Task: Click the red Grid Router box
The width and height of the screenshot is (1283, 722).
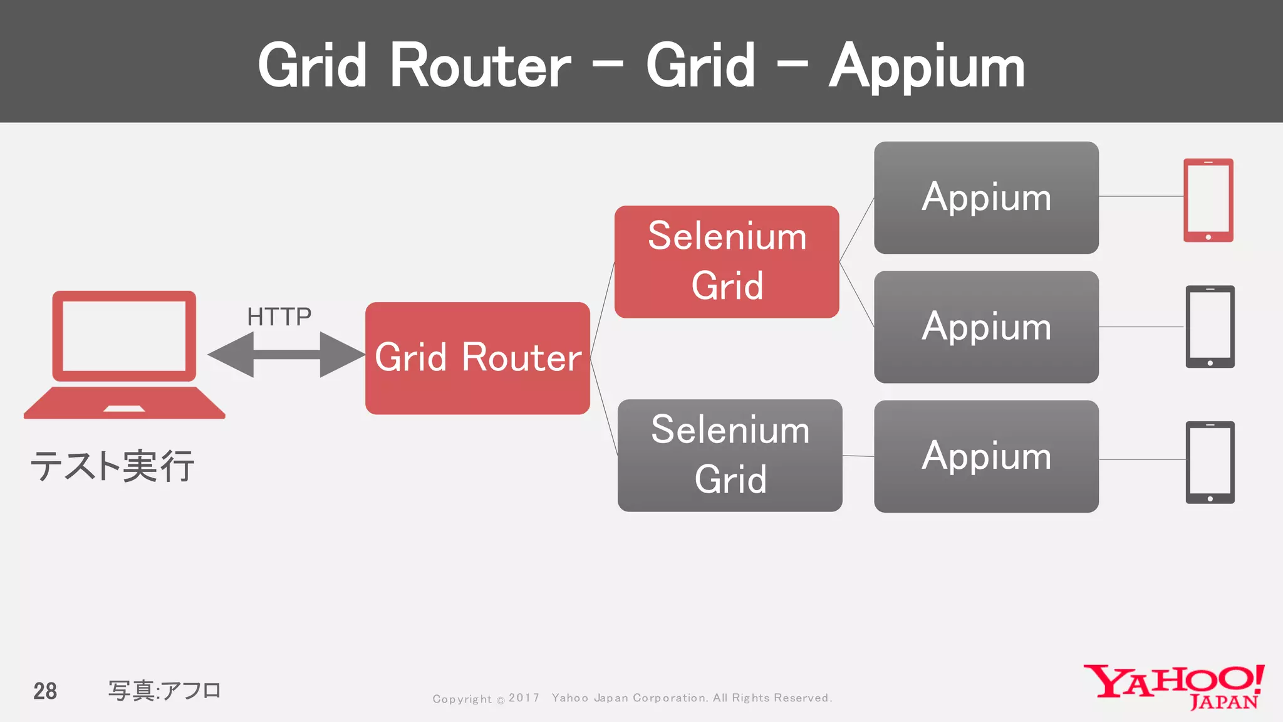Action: pyautogui.click(x=477, y=358)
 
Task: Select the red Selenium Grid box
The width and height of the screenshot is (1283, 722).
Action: pyautogui.click(x=727, y=261)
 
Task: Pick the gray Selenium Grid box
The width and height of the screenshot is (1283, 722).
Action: pyautogui.click(x=730, y=455)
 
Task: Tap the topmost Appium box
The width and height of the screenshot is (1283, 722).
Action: pyautogui.click(x=986, y=197)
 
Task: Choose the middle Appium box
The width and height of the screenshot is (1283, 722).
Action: pyautogui.click(x=986, y=327)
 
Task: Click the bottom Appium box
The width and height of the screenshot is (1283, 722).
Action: pyautogui.click(x=986, y=456)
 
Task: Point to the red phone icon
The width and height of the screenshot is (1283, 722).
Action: pyautogui.click(x=1208, y=199)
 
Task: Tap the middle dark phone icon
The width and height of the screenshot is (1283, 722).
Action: pyautogui.click(x=1210, y=327)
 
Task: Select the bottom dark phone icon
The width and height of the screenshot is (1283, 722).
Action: pyautogui.click(x=1210, y=462)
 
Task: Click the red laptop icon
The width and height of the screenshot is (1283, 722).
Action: pyautogui.click(x=124, y=354)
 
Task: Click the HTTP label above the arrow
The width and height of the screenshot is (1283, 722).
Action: pyautogui.click(x=279, y=317)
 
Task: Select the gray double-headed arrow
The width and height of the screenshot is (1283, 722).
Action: pyautogui.click(x=286, y=355)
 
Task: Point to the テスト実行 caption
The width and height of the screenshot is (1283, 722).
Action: pyautogui.click(x=113, y=467)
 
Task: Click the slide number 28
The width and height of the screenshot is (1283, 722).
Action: pyautogui.click(x=45, y=691)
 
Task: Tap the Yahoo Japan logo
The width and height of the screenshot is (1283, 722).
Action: pyautogui.click(x=1174, y=687)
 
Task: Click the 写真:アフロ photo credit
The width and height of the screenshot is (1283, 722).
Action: pyautogui.click(x=164, y=691)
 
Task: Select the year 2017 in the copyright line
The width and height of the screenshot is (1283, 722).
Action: pyautogui.click(x=524, y=698)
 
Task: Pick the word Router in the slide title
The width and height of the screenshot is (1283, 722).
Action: pyautogui.click(x=480, y=66)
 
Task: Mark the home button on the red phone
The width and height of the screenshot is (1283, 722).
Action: pyautogui.click(x=1208, y=238)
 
